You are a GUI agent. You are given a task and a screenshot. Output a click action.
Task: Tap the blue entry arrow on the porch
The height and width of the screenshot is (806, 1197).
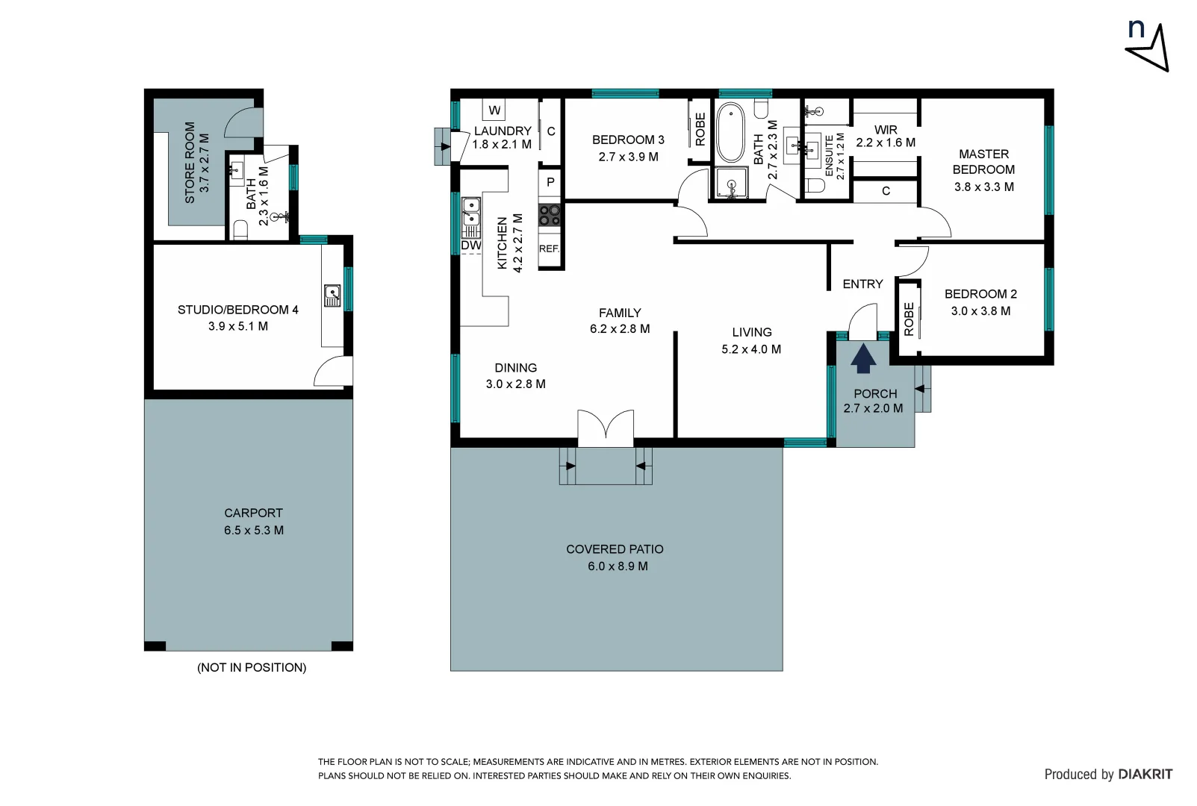tap(863, 358)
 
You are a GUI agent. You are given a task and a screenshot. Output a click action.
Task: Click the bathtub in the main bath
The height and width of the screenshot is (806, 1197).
tap(730, 132)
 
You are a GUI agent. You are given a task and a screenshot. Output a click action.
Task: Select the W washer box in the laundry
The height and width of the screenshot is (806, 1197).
tap(494, 110)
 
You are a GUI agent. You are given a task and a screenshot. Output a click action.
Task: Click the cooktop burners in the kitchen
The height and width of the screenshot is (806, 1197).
tap(550, 215)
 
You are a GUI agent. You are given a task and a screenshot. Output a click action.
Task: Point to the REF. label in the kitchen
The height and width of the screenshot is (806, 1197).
tap(549, 249)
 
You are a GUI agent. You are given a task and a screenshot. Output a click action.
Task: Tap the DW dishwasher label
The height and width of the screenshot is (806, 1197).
tap(471, 246)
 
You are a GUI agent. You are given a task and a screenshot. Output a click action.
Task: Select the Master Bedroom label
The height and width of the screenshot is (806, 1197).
tap(983, 162)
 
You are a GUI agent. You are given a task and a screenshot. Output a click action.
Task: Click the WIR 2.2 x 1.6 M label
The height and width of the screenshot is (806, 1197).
tap(886, 136)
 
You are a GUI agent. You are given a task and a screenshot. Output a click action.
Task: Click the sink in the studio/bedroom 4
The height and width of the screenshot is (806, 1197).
tap(332, 296)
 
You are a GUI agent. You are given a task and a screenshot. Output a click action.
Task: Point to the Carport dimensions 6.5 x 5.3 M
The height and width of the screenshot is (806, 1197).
tap(254, 531)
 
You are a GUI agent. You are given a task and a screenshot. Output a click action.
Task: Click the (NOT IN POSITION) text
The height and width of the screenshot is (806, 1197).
tap(252, 667)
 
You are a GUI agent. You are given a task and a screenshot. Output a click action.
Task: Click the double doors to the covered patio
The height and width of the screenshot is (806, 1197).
tap(606, 429)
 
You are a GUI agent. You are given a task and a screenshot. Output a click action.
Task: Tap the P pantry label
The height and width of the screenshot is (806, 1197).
tap(550, 182)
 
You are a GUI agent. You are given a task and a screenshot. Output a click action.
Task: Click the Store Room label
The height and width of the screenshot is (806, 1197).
tap(197, 162)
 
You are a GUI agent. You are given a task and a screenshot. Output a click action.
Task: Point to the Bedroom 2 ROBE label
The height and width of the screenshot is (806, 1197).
tap(909, 319)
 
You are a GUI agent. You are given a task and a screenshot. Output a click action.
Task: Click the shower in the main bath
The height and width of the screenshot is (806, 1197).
tap(730, 184)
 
